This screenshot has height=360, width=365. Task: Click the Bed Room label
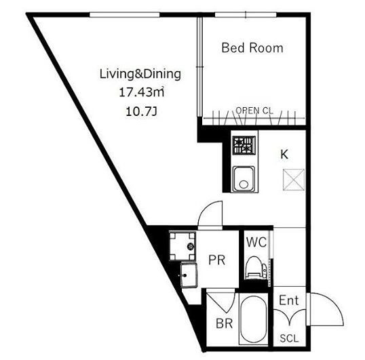(252, 48)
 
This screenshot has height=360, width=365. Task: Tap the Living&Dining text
(140, 74)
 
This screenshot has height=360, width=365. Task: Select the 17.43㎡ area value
(142, 92)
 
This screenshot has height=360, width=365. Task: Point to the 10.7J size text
(142, 112)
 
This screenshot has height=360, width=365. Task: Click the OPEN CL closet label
(254, 111)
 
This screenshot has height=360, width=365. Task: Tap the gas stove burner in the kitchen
(244, 145)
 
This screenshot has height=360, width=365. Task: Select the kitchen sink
(244, 178)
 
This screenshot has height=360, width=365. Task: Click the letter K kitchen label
(284, 154)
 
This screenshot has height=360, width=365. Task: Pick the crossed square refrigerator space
(294, 180)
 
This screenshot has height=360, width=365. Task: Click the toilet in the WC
(256, 267)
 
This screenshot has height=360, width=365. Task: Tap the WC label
(256, 242)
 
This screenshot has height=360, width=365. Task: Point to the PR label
(216, 260)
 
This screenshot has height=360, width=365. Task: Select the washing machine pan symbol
(182, 246)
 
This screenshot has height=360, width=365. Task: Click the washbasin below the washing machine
(189, 275)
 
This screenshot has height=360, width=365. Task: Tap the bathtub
(253, 318)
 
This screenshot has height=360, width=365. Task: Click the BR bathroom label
(224, 323)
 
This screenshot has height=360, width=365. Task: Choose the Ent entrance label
(288, 300)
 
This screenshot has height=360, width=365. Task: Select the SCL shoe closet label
(289, 338)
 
